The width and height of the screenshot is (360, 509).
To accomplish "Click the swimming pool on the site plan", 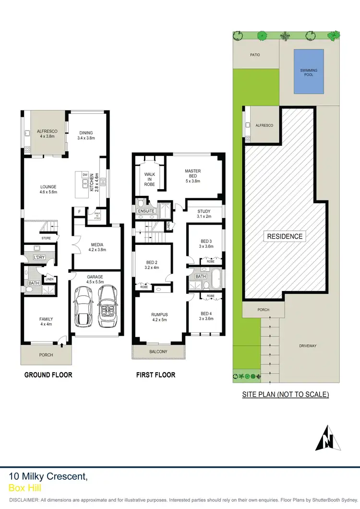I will [309, 70].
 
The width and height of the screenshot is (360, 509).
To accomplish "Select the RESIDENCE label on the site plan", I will [285, 236].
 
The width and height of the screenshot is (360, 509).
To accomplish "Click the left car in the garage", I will [83, 307].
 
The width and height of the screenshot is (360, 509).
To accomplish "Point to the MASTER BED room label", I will [192, 176].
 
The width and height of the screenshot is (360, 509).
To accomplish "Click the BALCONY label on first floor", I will [158, 352].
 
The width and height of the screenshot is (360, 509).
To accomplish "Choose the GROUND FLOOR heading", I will [48, 375].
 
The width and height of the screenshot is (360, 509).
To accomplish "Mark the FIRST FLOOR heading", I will [156, 375].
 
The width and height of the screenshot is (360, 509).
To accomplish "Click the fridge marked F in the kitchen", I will [79, 211].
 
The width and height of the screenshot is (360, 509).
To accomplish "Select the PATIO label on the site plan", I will [255, 55].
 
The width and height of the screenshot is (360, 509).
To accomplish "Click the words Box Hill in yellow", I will [25, 488].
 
